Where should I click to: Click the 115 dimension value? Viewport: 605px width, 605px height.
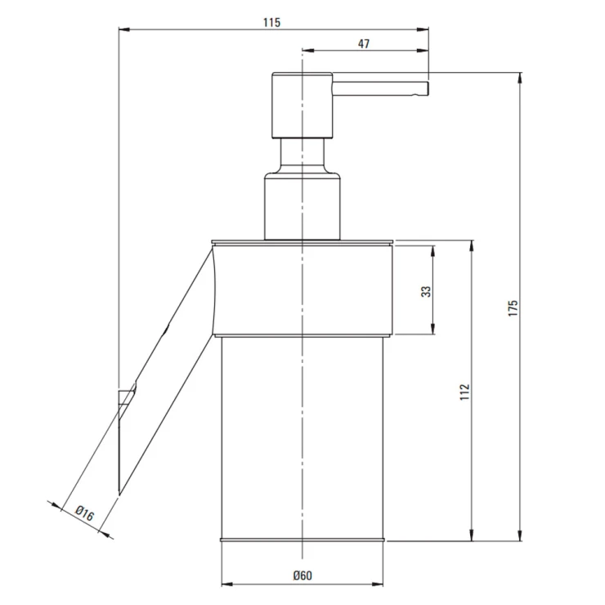point(271,22)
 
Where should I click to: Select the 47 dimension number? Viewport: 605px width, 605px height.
point(364,43)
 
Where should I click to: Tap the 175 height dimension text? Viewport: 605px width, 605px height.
point(513,308)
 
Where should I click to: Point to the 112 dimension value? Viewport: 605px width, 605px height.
point(464,392)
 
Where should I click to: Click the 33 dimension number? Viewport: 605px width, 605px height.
point(426,291)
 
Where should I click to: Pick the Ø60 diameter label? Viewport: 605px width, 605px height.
point(302,576)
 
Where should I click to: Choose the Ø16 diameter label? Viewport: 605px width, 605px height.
point(84,513)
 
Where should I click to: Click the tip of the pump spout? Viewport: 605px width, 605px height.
point(428,88)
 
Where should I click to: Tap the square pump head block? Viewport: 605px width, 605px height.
point(302,105)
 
